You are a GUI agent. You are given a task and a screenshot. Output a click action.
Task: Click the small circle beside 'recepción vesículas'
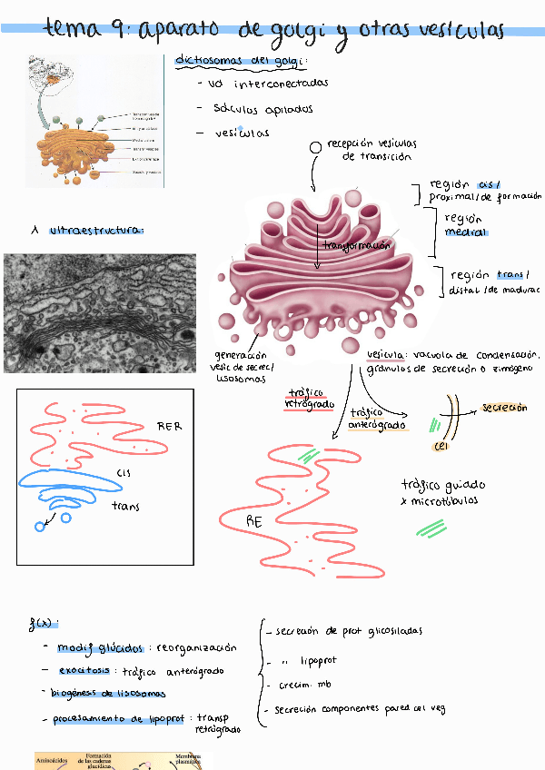pos(315,146)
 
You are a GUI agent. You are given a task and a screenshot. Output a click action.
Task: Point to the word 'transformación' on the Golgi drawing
pos(356,245)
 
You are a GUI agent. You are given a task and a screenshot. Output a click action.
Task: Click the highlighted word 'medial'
pos(465,232)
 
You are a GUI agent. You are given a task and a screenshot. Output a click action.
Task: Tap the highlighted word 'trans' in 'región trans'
pos(511,275)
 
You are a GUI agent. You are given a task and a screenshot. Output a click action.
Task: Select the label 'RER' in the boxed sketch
pos(170,425)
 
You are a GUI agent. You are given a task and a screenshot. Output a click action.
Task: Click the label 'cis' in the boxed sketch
pos(124,471)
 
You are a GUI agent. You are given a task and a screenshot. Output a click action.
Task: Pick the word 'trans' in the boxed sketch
pos(125,506)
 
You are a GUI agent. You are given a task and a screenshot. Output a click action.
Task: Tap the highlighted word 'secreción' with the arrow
pos(504,408)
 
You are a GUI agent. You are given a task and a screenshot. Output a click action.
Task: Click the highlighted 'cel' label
pos(441,445)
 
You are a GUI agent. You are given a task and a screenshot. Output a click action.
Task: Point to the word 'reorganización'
pos(196,647)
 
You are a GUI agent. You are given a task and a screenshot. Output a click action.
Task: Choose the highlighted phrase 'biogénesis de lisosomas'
pos(109,694)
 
